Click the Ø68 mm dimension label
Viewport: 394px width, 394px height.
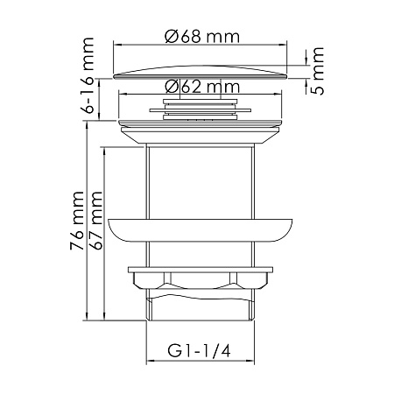pos(202,36)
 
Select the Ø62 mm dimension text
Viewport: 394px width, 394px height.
pos(202,87)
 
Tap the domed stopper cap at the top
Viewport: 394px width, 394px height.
pos(201,70)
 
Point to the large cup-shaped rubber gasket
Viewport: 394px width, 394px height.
pos(201,229)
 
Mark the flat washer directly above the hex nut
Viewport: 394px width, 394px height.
pos(201,268)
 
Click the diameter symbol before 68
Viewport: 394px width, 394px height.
pos(170,36)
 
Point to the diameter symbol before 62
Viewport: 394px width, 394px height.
pos(170,87)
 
